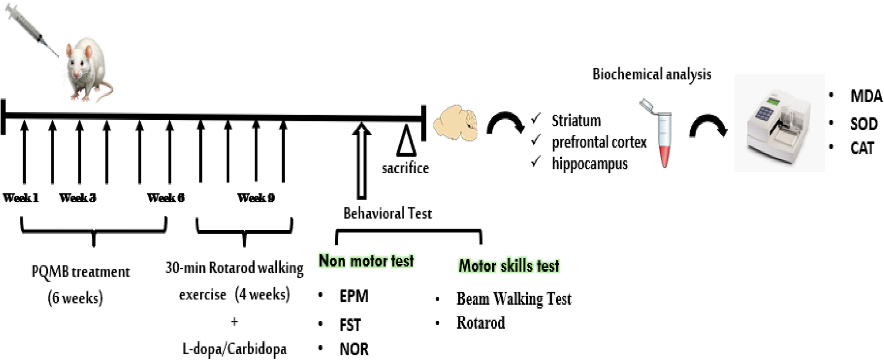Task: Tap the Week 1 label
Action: pos(21,198)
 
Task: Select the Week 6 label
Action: pos(166,198)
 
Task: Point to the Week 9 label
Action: pos(256,198)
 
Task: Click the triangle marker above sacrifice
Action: pos(406,141)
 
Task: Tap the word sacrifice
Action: pos(405,168)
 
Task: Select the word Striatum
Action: pos(576,121)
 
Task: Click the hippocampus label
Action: pos(589,164)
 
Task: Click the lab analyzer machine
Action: pos(779,124)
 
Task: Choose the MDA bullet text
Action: pos(866,96)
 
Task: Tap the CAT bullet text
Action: pos(862,148)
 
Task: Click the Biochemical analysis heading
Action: pos(652,74)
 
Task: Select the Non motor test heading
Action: pos(366,261)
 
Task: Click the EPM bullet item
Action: pos(353,296)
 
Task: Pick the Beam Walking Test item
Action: pos(514,299)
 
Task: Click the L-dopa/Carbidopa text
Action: pos(234,349)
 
